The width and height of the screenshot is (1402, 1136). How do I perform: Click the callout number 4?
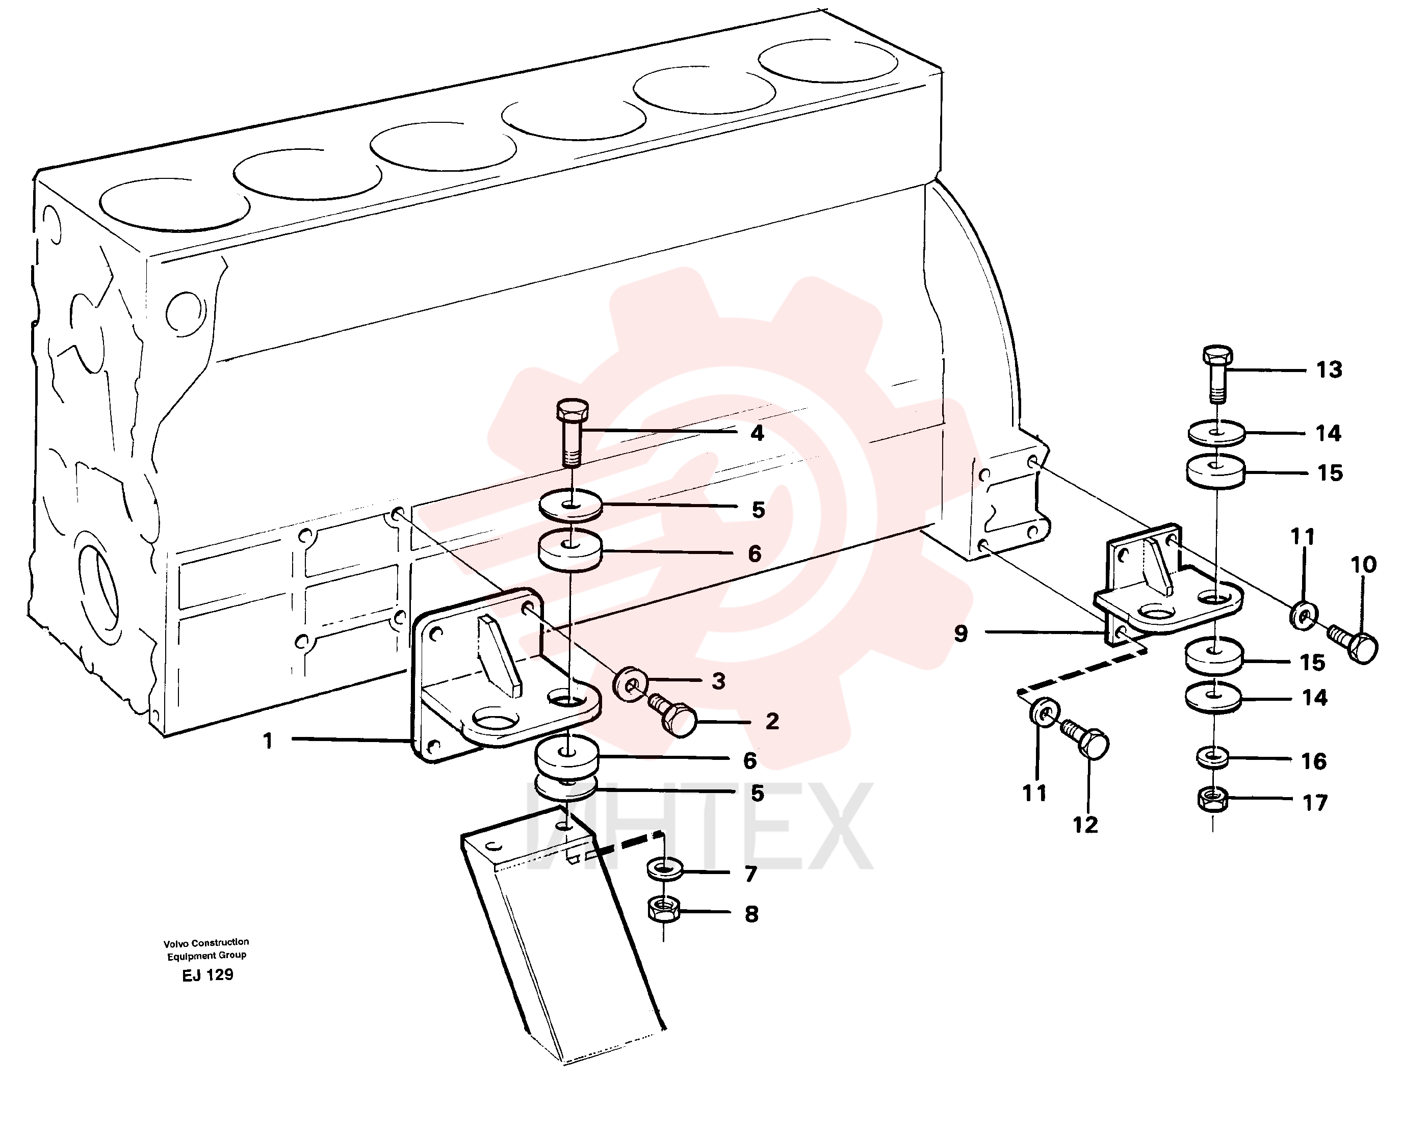tap(757, 433)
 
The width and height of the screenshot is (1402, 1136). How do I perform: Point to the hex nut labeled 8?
tap(663, 910)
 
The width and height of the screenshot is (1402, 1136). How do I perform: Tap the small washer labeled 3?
tap(630, 684)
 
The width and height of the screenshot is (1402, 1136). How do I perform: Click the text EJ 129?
tap(207, 975)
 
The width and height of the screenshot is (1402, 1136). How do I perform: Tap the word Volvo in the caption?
tap(175, 943)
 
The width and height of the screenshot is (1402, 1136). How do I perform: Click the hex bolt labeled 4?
tap(573, 433)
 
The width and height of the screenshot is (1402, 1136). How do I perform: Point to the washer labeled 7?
tap(664, 869)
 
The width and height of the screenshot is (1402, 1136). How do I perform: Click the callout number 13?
tap(1329, 371)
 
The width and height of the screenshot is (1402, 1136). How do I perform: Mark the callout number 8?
tap(751, 914)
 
